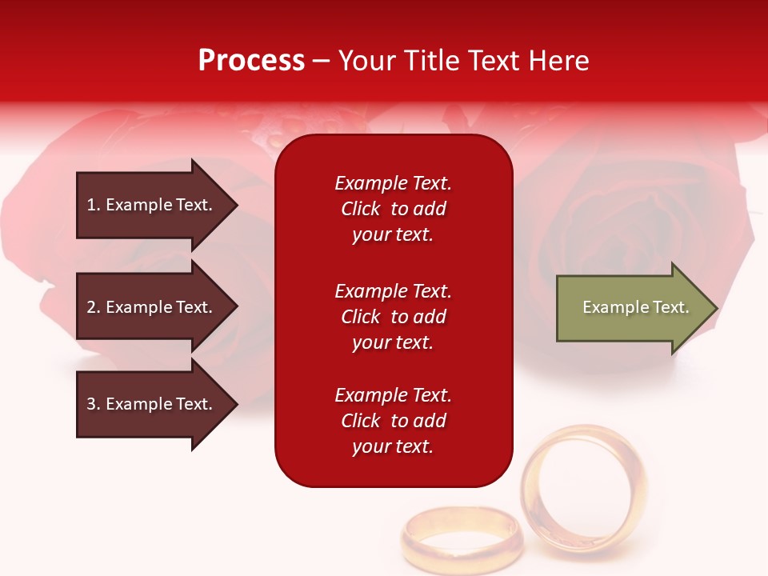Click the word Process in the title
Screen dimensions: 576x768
251,61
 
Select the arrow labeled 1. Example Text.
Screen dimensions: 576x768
152,205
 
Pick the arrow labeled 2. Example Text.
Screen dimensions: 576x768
152,307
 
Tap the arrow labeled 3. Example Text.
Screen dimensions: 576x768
152,404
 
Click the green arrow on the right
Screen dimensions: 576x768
632,308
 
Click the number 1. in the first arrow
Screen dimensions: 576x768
94,205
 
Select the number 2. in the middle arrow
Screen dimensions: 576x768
94,307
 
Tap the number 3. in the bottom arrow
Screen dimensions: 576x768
94,404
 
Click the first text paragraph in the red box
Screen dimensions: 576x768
393,209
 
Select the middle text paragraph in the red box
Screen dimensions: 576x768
393,317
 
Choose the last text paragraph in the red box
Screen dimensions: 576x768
393,421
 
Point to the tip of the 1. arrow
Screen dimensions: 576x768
236,205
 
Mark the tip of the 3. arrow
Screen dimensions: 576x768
236,404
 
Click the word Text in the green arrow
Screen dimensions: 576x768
671,307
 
